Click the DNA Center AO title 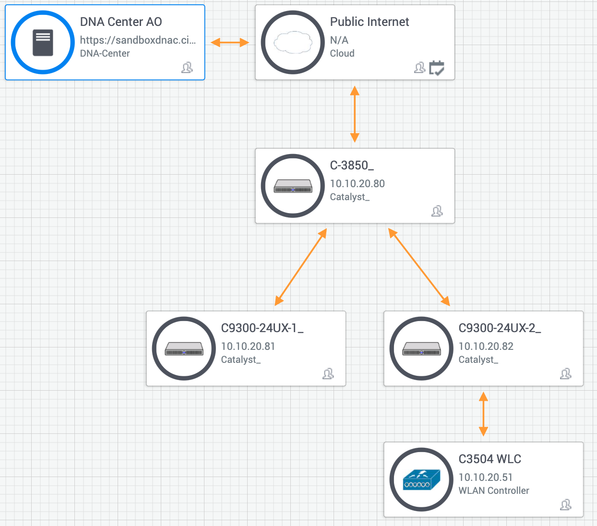(121, 22)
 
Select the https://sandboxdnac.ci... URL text (138, 40)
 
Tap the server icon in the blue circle (43, 43)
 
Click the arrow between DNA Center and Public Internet (230, 43)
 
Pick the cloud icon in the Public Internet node (293, 42)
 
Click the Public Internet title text (370, 22)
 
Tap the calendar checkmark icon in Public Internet (436, 68)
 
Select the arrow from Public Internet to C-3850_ (355, 114)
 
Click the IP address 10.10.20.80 (357, 183)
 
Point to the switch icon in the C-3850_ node (293, 186)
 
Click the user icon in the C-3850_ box (437, 211)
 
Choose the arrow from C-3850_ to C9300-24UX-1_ (301, 267)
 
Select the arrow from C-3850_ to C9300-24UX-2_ (419, 267)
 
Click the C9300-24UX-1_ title (262, 328)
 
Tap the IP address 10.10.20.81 (248, 346)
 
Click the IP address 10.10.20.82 (486, 346)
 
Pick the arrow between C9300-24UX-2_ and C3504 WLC (483, 414)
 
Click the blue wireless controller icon (421, 479)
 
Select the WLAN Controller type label (494, 490)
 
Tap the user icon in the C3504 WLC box (565, 504)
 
